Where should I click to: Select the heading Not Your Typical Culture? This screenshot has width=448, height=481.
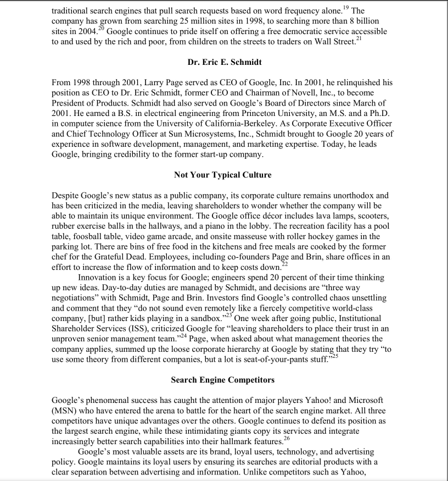coord(223,175)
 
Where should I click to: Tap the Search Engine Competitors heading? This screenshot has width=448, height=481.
coord(223,380)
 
